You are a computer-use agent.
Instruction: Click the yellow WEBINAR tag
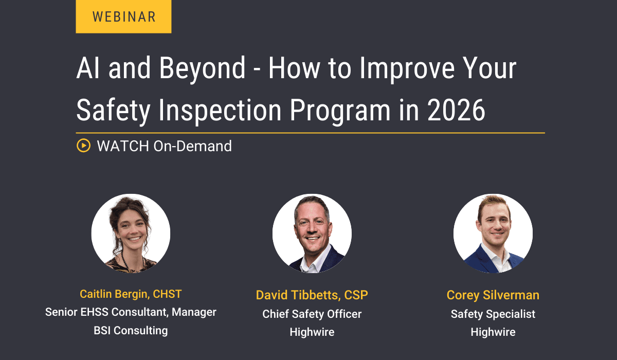(123, 16)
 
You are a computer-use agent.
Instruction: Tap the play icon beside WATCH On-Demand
(83, 146)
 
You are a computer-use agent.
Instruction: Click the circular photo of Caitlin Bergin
(131, 233)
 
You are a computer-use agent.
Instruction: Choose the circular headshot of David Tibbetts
(312, 233)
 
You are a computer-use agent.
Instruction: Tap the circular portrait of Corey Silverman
(493, 233)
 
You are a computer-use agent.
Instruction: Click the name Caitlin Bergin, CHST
(131, 294)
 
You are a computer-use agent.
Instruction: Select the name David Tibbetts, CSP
(312, 295)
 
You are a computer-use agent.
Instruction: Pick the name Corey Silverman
(493, 295)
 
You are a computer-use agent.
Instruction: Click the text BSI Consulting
(131, 330)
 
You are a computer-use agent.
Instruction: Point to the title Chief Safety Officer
(312, 314)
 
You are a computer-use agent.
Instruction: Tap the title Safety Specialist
(493, 314)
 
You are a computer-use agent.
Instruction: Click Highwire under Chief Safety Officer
(312, 332)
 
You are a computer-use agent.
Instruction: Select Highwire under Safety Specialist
(493, 332)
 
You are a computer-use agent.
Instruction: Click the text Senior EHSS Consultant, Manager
(131, 312)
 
